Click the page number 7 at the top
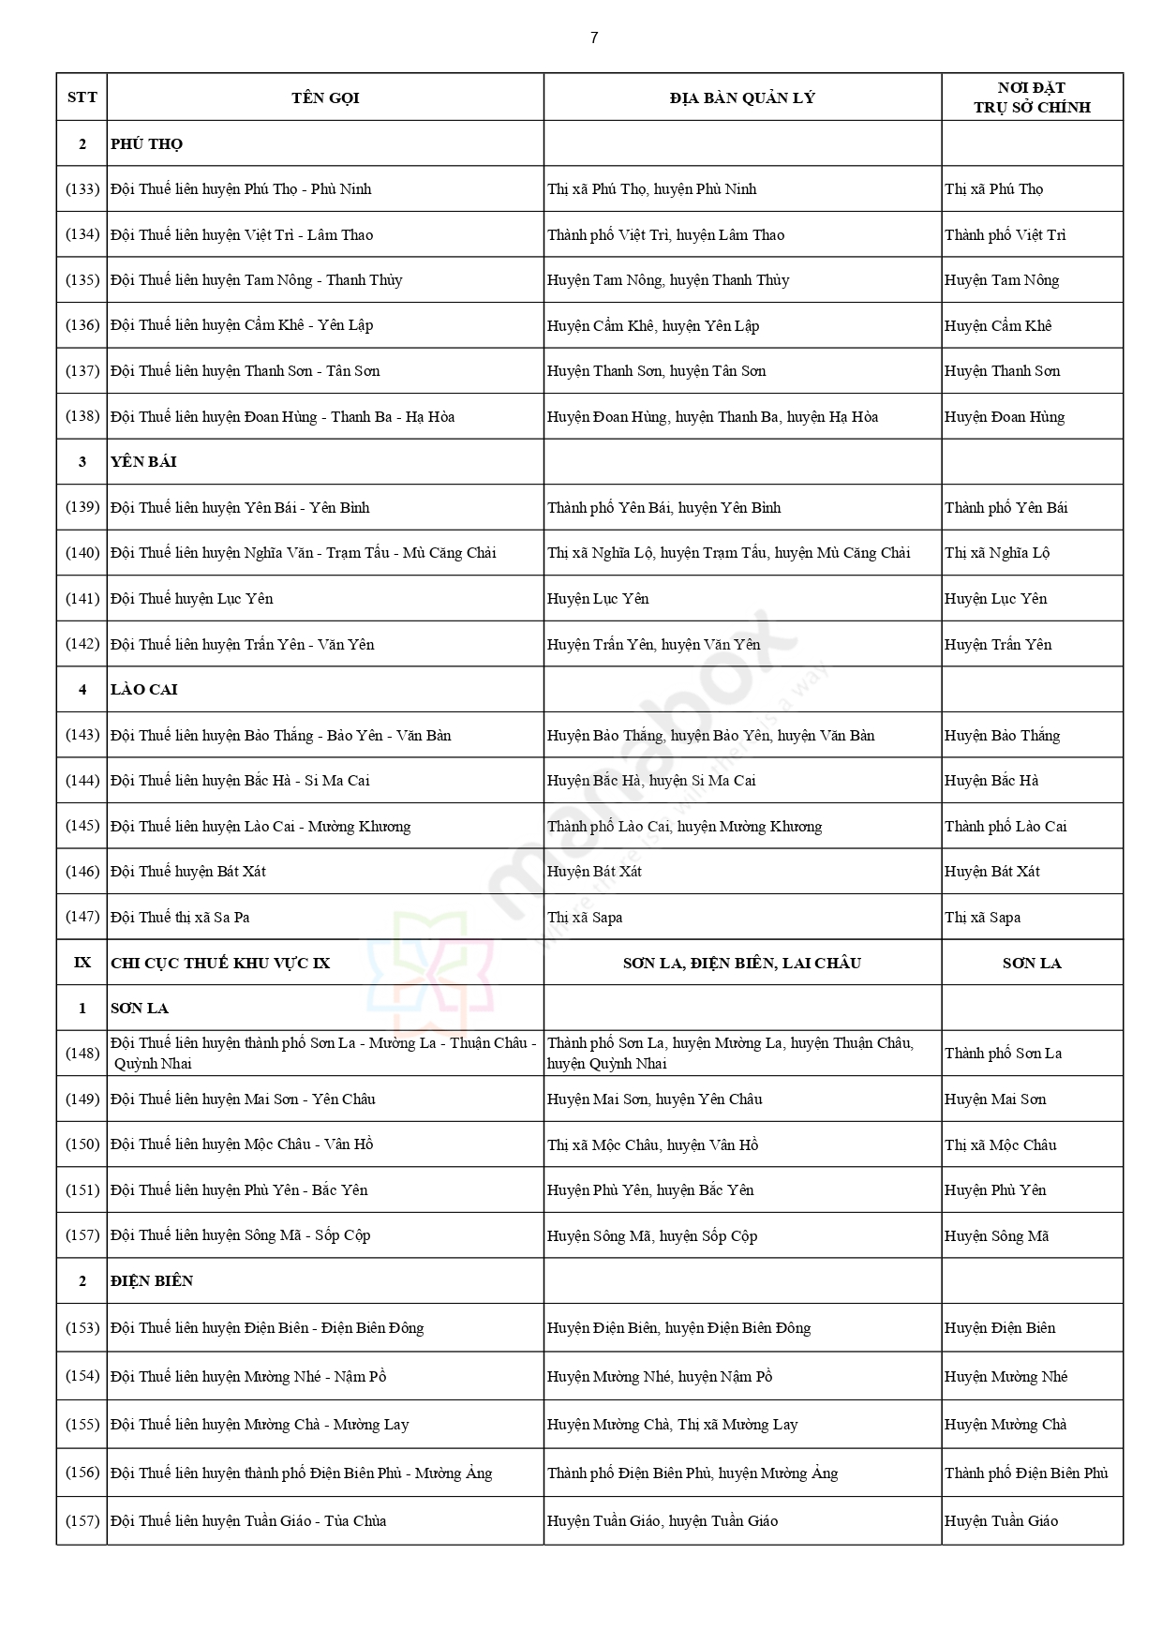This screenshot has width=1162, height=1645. point(594,38)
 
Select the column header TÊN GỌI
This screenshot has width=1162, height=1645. point(325,98)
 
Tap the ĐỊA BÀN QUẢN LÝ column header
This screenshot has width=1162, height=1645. point(742,98)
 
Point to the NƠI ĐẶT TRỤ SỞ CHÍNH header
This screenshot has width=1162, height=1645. point(1032,97)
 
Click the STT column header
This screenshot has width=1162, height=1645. point(82,98)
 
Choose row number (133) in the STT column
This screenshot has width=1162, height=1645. point(82,189)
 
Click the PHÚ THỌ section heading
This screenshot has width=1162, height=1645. point(147,144)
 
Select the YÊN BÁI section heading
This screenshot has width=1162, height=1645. point(143,462)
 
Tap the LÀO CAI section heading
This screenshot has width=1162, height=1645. point(143,690)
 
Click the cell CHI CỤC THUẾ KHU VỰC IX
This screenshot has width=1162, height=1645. point(220,964)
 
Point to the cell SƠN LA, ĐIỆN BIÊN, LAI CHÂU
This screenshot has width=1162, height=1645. point(742,964)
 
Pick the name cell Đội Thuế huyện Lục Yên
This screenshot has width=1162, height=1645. point(192,599)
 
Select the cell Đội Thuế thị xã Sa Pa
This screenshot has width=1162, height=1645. point(180,918)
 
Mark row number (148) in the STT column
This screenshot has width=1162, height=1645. point(82,1054)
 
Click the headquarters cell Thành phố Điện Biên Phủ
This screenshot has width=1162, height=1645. point(1026,1473)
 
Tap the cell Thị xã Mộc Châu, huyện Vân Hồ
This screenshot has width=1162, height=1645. point(653,1145)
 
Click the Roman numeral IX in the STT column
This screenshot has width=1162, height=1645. point(82,964)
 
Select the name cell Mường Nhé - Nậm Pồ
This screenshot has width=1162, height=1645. point(248,1377)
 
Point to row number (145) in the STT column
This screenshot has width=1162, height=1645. point(82,827)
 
